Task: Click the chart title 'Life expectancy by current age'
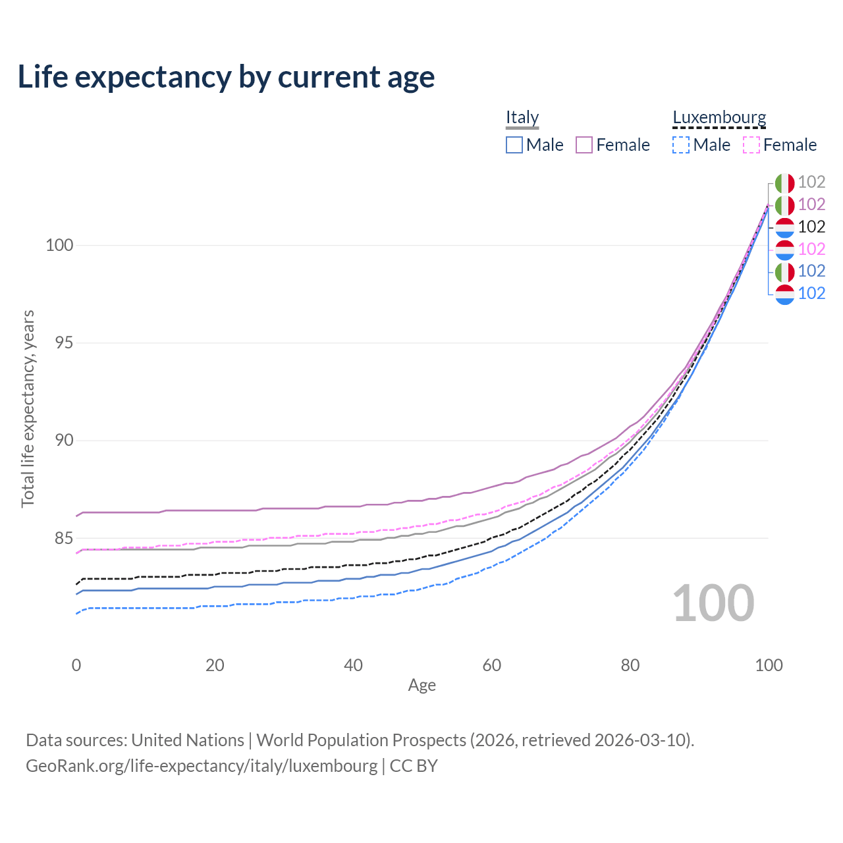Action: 226,77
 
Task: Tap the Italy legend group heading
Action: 522,117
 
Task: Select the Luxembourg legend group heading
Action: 719,117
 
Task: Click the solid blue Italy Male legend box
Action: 514,145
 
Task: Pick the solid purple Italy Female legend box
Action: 584,145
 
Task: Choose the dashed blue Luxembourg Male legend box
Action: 681,145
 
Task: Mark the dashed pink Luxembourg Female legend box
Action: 751,145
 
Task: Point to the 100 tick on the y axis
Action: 59,245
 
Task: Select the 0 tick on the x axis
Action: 76,665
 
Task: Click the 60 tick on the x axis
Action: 492,665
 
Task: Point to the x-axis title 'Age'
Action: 421,686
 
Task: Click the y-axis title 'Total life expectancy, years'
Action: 28,408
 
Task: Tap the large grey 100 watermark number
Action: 713,603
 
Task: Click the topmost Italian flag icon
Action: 784,182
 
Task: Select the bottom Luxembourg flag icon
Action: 784,294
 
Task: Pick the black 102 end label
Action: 811,227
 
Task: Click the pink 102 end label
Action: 811,249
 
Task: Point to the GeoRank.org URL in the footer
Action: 202,766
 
